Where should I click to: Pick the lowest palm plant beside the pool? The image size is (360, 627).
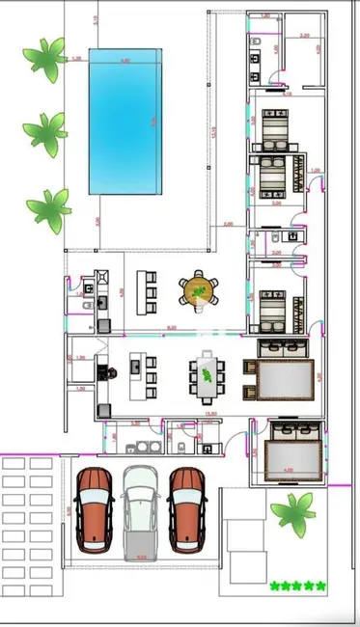48,204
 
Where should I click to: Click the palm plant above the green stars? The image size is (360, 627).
292,512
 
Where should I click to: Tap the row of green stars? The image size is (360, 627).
298,586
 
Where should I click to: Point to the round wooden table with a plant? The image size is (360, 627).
199,289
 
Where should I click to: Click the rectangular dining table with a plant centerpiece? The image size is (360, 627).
207,376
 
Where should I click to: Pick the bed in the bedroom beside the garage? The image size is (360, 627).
289,450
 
